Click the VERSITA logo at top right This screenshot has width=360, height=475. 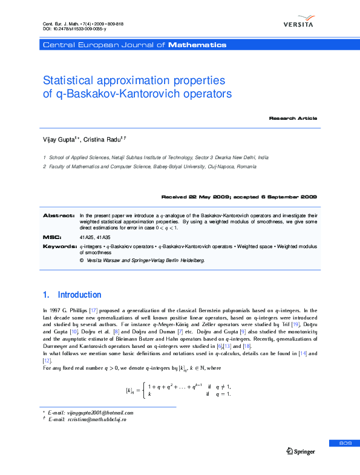click(298, 24)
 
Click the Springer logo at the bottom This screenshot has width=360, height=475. click(301, 451)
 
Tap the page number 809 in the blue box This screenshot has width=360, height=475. click(345, 444)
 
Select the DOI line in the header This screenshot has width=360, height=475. click(74, 29)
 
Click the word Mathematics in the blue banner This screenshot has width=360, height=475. click(197, 45)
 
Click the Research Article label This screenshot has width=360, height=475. click(293, 118)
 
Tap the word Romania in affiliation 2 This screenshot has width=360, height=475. click(246, 166)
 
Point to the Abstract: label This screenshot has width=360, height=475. click(59, 215)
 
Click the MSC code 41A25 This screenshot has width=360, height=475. click(87, 238)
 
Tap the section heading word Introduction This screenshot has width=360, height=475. click(79, 295)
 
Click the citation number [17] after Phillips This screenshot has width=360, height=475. click(93, 310)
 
